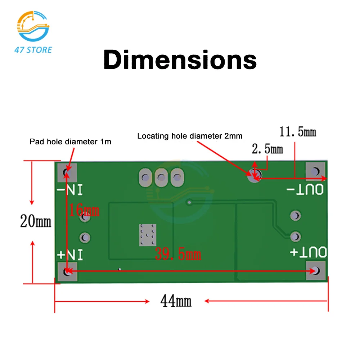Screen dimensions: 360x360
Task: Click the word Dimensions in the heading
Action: tap(180, 60)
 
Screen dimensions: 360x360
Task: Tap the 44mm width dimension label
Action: tap(176, 301)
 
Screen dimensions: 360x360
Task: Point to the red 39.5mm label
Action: tap(178, 255)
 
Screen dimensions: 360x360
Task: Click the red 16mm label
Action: tap(84, 210)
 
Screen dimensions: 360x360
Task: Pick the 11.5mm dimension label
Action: tap(298, 132)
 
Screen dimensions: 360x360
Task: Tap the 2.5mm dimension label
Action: tap(267, 149)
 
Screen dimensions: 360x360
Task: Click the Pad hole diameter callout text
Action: tap(70, 142)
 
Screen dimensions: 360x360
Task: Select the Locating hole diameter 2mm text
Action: tap(190, 136)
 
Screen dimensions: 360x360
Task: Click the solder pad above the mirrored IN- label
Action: tap(67, 172)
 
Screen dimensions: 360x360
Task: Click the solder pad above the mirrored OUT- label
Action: tap(316, 171)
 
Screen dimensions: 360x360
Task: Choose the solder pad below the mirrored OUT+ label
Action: tap(316, 270)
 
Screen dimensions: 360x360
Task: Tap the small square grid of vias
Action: tap(147, 235)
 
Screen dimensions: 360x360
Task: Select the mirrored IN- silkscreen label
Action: tap(70, 190)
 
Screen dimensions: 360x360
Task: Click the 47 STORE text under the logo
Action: tap(33, 50)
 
